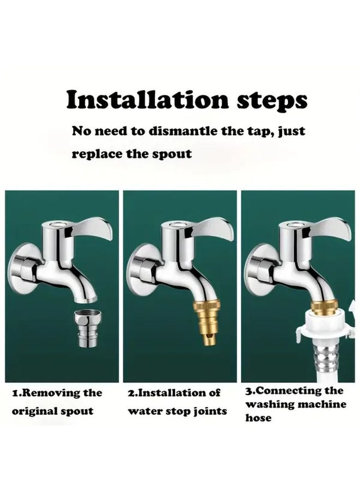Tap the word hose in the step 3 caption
258,418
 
